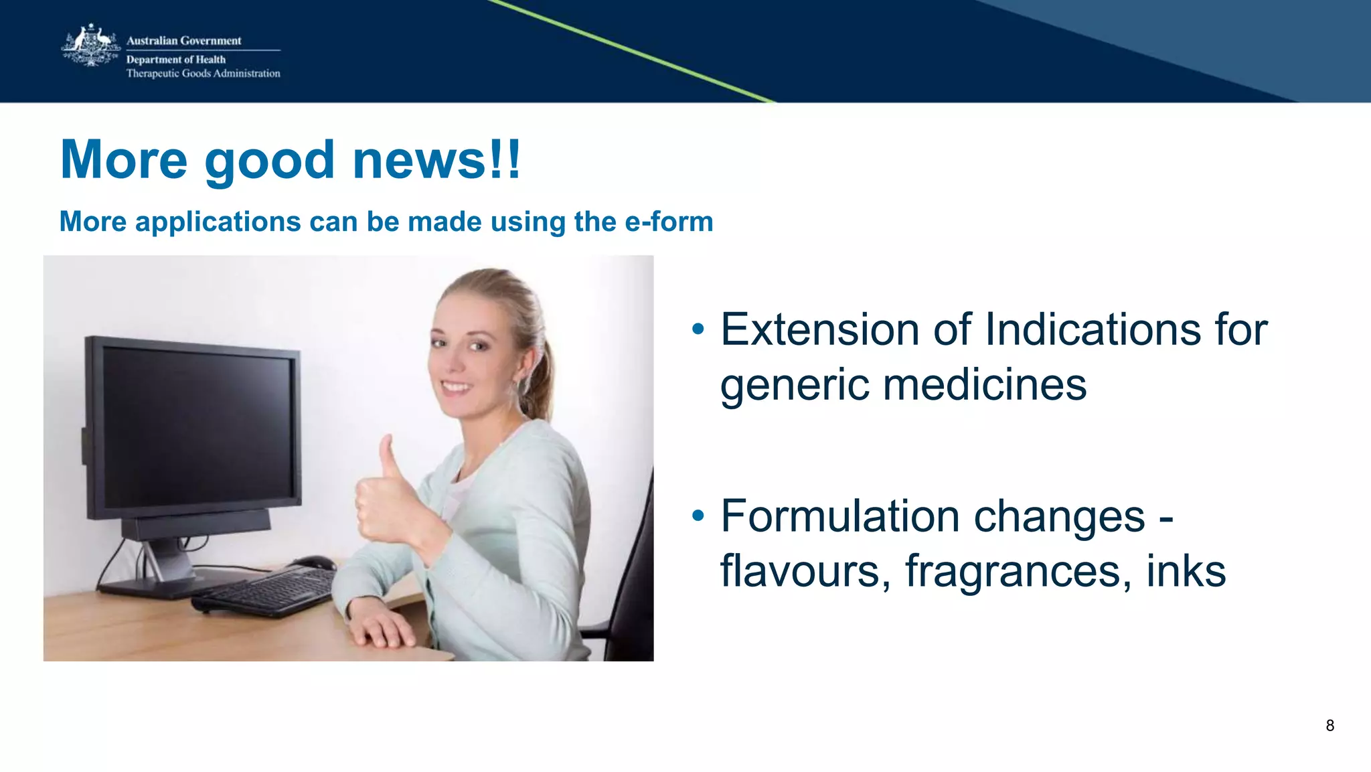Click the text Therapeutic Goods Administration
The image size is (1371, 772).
(203, 74)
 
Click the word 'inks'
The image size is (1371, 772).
(1186, 571)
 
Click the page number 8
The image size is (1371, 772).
(1329, 726)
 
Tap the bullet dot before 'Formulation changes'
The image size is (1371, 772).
(698, 516)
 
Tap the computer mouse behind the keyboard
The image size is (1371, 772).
(315, 562)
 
